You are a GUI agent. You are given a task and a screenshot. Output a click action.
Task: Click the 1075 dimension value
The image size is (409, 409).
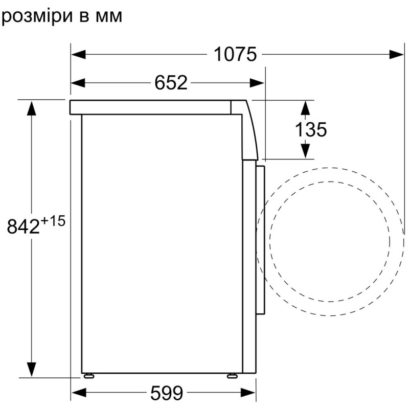[x=235, y=54]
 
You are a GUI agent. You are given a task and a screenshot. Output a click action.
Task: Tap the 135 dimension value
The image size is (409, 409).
[x=310, y=129]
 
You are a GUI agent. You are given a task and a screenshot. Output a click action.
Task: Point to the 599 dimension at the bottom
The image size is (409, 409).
[x=166, y=393]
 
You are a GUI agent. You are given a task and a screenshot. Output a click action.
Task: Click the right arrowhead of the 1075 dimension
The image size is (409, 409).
[x=397, y=54]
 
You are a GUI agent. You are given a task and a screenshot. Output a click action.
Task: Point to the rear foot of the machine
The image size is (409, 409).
[x=90, y=376]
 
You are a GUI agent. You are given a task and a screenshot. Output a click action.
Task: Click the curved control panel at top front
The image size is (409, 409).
[x=250, y=130]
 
